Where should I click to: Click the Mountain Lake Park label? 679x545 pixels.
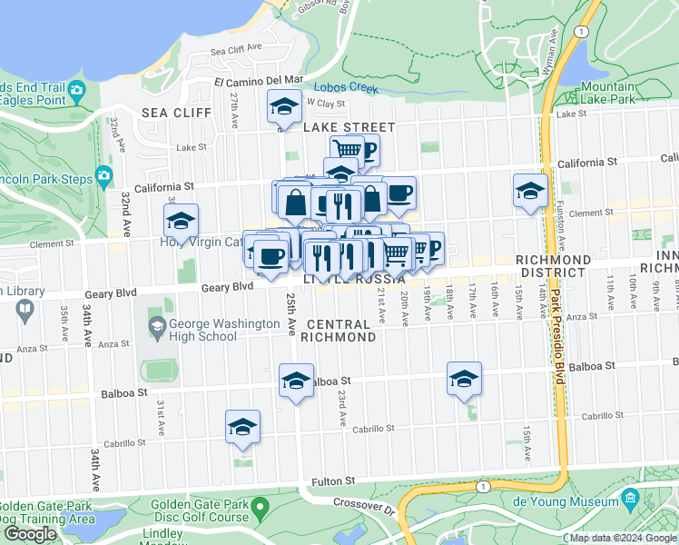(x=608, y=93)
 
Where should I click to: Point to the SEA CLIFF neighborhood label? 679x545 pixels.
(x=176, y=113)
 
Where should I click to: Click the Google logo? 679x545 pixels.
(x=30, y=534)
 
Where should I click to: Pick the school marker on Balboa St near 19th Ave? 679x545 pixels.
(x=464, y=379)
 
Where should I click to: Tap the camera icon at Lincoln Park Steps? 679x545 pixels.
(x=106, y=175)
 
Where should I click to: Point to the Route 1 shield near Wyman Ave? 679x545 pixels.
(x=579, y=30)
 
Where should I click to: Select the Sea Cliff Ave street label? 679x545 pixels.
(x=235, y=48)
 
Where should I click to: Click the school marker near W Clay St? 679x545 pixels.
(x=284, y=107)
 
